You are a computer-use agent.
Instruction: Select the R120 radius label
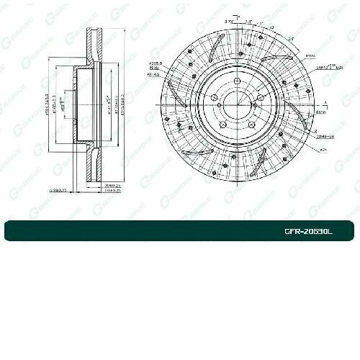point(320,113)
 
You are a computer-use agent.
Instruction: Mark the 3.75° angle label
point(229,23)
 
